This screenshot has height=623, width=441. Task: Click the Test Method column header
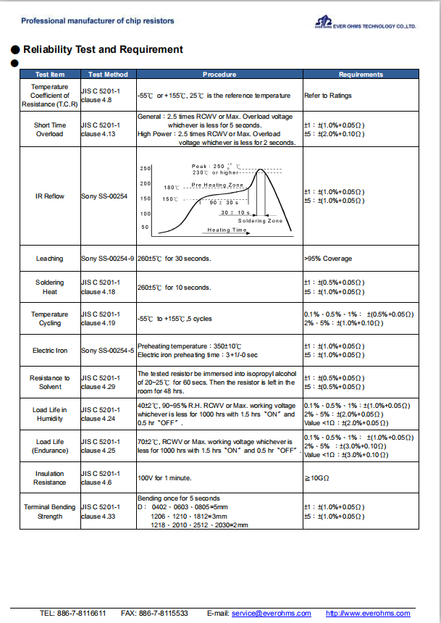pos(108,75)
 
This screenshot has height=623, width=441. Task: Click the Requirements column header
pos(361,75)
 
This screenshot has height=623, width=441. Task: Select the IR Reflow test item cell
pos(49,196)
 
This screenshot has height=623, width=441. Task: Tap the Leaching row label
pos(49,259)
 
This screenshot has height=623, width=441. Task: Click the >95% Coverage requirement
pos(328,259)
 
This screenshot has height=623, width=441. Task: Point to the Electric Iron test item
pos(49,351)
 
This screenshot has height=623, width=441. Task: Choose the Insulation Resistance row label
pos(49,478)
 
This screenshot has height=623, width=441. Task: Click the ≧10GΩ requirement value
pos(316,478)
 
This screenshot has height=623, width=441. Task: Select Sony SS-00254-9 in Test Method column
pos(108,259)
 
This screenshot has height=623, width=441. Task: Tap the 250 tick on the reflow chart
pos(145,168)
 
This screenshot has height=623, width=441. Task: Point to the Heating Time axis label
pos(227,230)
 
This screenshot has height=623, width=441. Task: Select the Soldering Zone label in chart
pos(261,220)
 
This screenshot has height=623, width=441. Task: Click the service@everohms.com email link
pos(271,614)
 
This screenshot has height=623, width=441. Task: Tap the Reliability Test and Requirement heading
pos(103,49)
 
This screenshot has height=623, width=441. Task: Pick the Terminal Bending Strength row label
pos(49,512)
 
